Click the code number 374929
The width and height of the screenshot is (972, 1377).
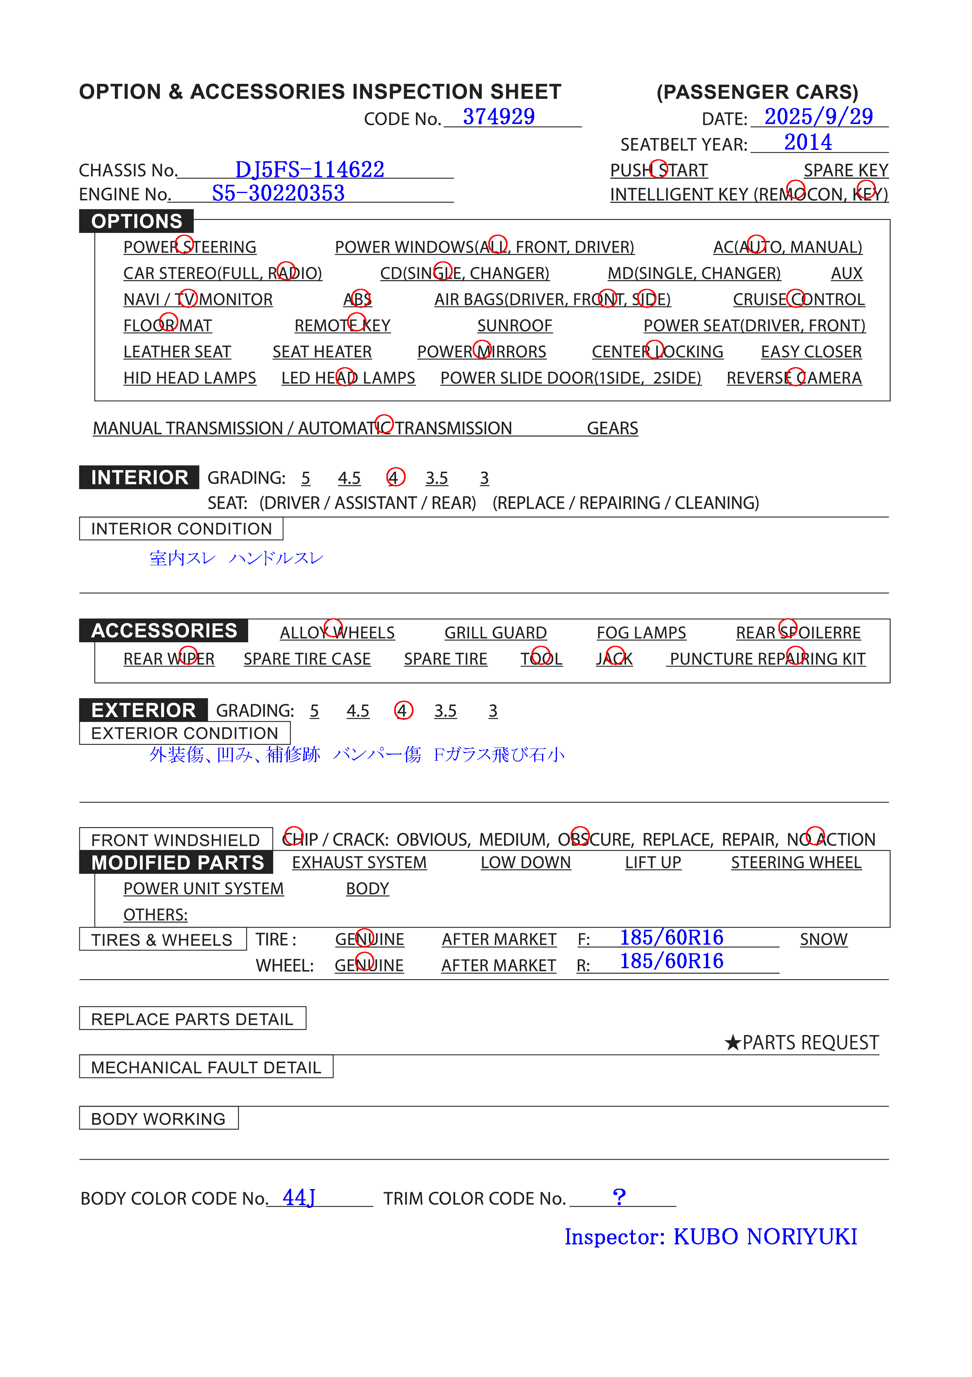[x=498, y=117]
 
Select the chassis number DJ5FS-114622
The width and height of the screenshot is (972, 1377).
[x=309, y=170]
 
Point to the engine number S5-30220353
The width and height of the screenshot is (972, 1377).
[x=278, y=193]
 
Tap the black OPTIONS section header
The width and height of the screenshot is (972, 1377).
[x=137, y=221]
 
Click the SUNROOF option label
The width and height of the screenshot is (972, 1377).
[x=514, y=326]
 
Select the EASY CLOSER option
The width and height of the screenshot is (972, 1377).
[x=811, y=352]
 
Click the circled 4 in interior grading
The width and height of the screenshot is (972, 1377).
[x=395, y=477]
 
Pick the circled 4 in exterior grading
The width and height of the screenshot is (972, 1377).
[x=403, y=711]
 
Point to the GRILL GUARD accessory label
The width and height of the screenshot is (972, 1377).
[x=495, y=633]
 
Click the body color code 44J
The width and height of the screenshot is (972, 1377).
[x=298, y=1198]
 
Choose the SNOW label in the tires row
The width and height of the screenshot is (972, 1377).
[x=823, y=939]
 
